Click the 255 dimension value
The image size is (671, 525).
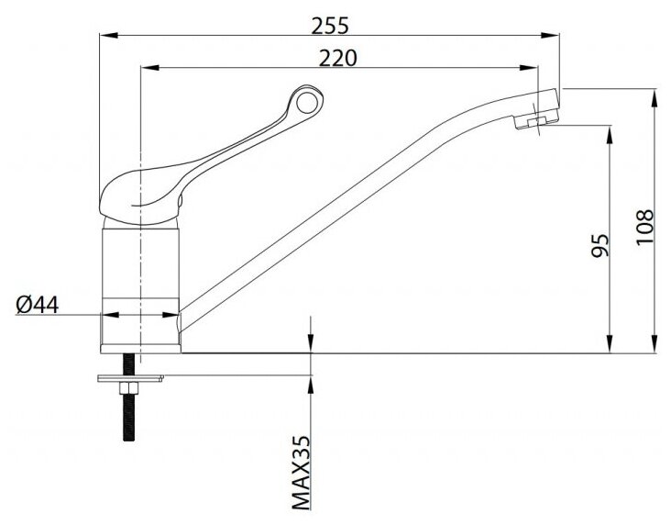point(330,26)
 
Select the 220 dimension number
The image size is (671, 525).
point(337,59)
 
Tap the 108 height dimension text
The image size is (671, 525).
point(645,227)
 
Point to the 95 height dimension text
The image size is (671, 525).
point(599,245)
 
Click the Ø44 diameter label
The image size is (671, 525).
point(38,305)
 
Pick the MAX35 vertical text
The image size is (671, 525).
point(301,473)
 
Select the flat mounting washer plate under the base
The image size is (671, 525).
point(130,378)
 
